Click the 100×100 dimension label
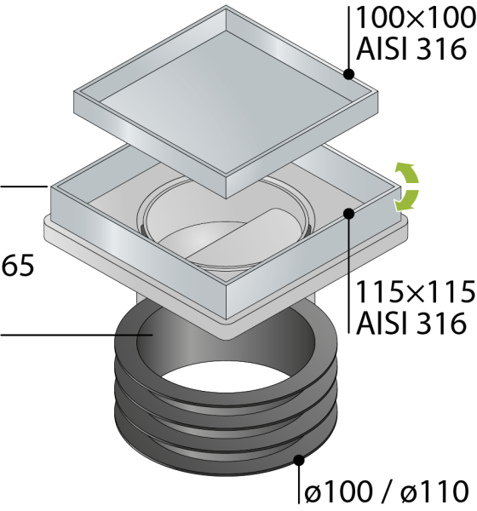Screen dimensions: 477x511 tap(416, 18)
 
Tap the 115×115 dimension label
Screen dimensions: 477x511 tap(416, 291)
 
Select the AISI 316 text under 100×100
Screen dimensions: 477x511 tap(411, 49)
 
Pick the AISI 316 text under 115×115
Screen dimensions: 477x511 tap(411, 323)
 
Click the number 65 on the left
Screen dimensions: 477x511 tap(18, 266)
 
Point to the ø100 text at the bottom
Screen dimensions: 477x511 tap(338, 491)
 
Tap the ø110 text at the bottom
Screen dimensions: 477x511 tap(434, 491)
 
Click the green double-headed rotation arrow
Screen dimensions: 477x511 tap(406, 187)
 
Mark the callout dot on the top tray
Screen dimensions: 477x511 tap(348, 74)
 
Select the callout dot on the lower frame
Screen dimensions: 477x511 tap(348, 214)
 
